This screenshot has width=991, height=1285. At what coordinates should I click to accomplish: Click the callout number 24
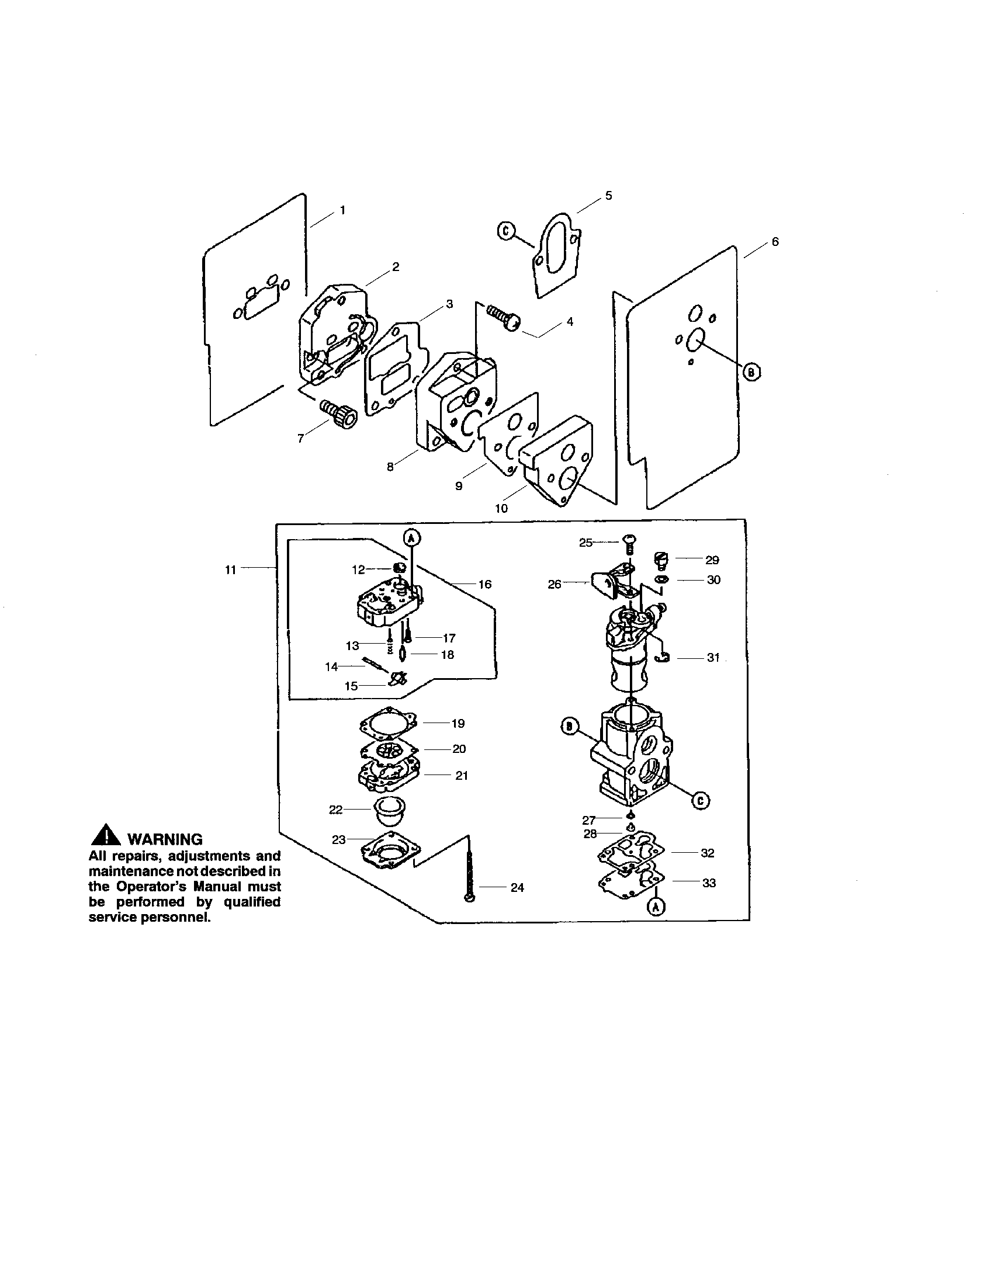coord(517,887)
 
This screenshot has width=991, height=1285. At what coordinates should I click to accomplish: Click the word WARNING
coord(165,839)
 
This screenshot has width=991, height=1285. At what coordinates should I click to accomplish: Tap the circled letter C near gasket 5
coord(505,231)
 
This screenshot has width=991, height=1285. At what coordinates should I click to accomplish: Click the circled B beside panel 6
coord(751,372)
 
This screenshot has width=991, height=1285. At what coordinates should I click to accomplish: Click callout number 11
coord(230,569)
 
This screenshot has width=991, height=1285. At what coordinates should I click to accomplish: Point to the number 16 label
coord(484,584)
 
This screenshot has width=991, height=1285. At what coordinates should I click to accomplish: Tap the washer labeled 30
coord(661,580)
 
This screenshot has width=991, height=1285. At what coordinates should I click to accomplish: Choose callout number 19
coord(458,724)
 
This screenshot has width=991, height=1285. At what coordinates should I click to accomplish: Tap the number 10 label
coord(501,508)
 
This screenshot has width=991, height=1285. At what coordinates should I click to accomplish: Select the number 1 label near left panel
coord(342,210)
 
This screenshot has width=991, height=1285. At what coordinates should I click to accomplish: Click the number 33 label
coord(709,883)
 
